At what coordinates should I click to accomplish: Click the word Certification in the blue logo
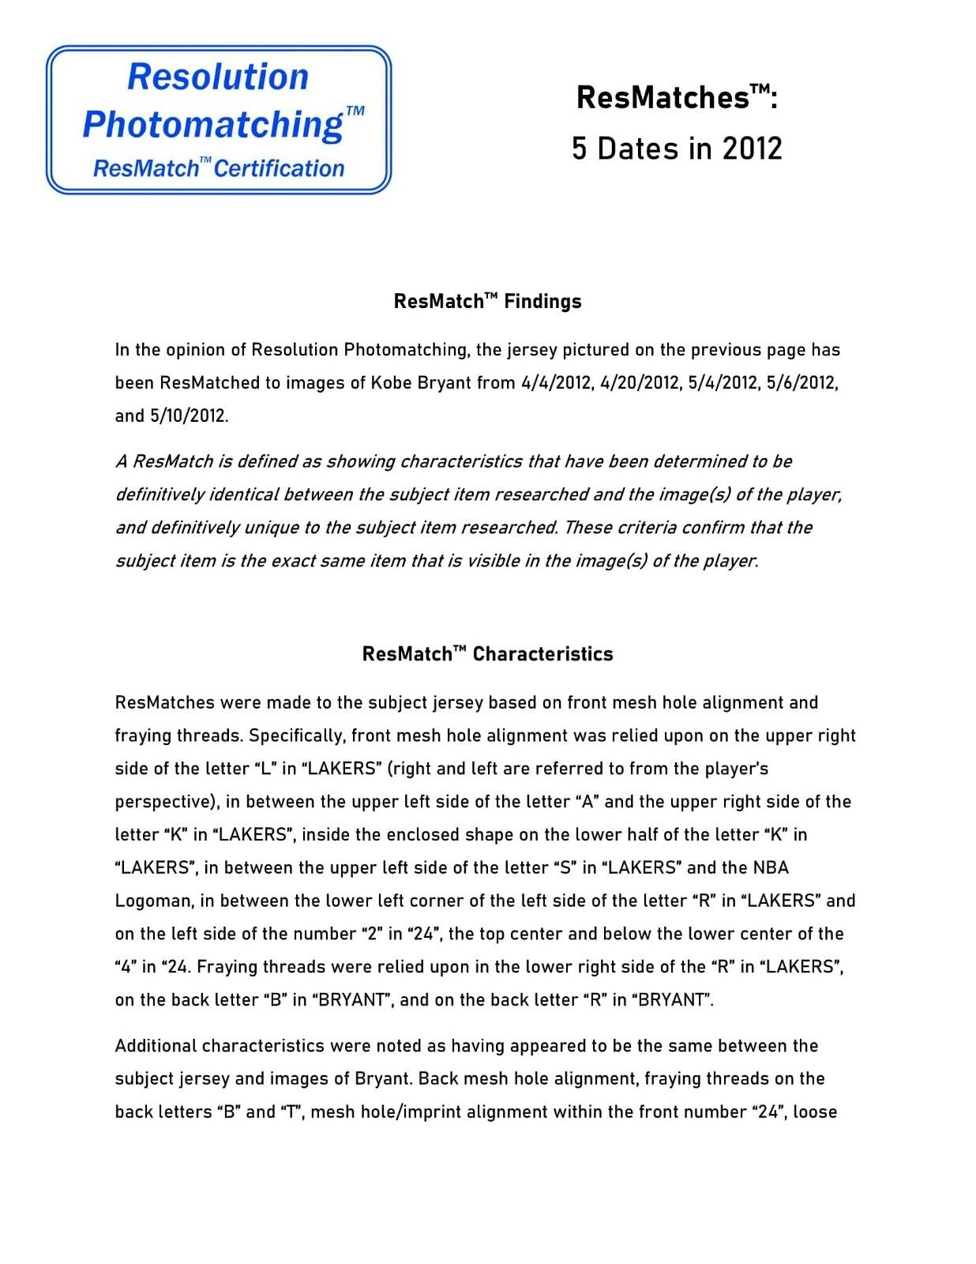(280, 168)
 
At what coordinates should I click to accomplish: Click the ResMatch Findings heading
(487, 301)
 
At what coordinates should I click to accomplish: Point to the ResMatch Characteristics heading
(487, 654)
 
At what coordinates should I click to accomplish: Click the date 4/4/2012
(556, 383)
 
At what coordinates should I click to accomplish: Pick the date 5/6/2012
(801, 383)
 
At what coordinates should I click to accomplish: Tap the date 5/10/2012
(189, 416)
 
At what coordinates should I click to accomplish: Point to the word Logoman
(153, 901)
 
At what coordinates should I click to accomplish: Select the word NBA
(770, 868)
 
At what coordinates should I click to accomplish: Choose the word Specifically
(297, 736)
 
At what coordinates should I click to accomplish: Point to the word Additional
(156, 1046)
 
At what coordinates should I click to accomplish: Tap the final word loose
(815, 1112)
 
